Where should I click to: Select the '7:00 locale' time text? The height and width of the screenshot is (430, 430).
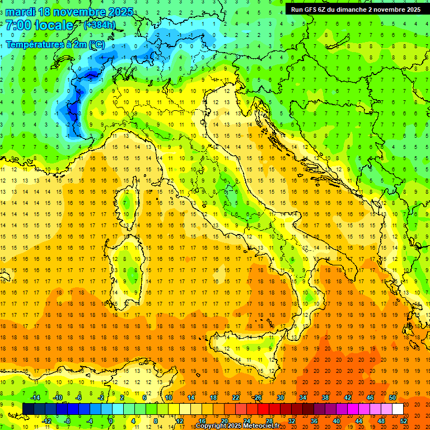click(x=39, y=25)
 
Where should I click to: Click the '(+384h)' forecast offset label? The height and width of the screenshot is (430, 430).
click(x=100, y=25)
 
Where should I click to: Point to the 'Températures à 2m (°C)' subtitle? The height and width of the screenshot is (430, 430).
click(x=55, y=44)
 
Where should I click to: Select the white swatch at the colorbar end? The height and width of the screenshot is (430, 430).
click(x=398, y=409)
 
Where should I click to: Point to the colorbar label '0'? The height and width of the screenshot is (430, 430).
click(x=111, y=420)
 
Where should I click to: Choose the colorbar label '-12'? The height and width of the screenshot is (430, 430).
click(x=46, y=420)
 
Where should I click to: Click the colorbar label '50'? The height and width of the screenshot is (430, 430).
click(x=392, y=398)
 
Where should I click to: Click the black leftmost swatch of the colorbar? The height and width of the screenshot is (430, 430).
click(x=28, y=409)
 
